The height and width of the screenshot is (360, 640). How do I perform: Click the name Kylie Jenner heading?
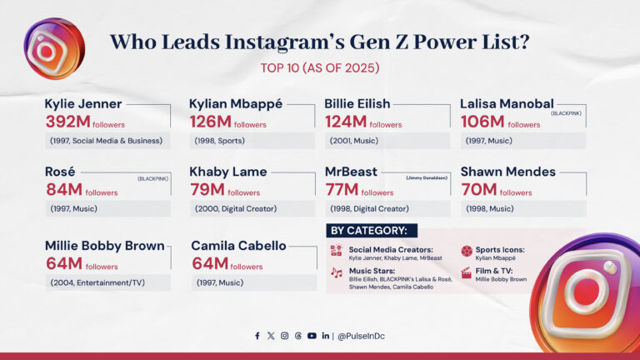point(83,104)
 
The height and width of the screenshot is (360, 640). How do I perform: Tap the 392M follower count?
point(67,122)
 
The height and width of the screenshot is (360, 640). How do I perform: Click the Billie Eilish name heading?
point(357,104)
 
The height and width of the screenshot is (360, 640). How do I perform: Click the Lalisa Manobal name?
point(507,104)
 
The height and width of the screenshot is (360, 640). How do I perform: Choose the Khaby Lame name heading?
point(228,172)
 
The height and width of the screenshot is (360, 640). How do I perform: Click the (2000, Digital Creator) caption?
point(236,208)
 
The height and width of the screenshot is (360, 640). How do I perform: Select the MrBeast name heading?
point(351,172)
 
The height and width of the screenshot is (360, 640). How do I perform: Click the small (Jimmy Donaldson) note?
point(427,178)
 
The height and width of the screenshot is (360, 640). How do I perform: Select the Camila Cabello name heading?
point(238,246)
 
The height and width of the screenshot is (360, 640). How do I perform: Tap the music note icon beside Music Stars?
point(336,272)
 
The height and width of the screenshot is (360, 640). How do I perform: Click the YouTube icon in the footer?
point(312,336)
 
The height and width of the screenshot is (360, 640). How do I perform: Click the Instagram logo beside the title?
point(52,48)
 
